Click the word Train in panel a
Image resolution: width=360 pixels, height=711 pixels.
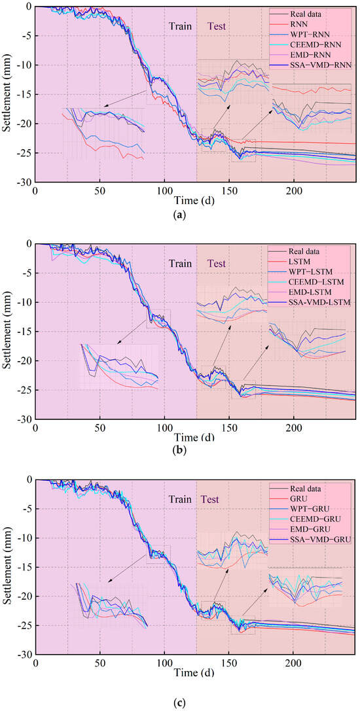pyautogui.click(x=181, y=27)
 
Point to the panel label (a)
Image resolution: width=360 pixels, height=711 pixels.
pyautogui.click(x=180, y=214)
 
